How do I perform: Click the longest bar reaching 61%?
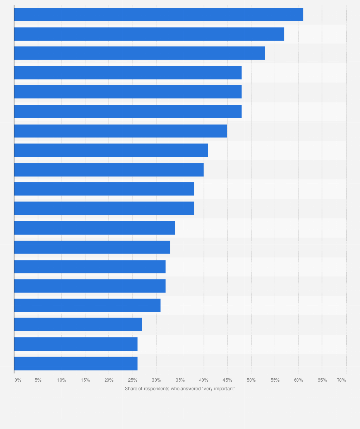(159, 14)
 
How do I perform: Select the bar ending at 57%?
(149, 34)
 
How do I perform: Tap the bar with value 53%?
(139, 53)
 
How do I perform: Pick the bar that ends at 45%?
(121, 131)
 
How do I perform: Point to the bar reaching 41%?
(111, 150)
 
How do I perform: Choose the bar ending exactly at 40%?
(109, 169)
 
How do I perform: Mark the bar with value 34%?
(95, 228)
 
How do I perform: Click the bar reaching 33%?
(92, 247)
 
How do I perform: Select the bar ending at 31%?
(87, 305)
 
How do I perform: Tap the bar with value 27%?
(78, 324)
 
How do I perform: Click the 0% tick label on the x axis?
(18, 380)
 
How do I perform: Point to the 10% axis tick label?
(62, 380)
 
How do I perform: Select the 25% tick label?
(133, 380)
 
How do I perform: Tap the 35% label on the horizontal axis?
(180, 380)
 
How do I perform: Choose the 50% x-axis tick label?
(251, 380)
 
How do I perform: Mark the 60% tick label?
(298, 380)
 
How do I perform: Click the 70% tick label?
(341, 380)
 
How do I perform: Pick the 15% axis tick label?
(85, 380)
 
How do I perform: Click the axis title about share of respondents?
(180, 389)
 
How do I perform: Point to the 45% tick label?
(227, 380)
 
